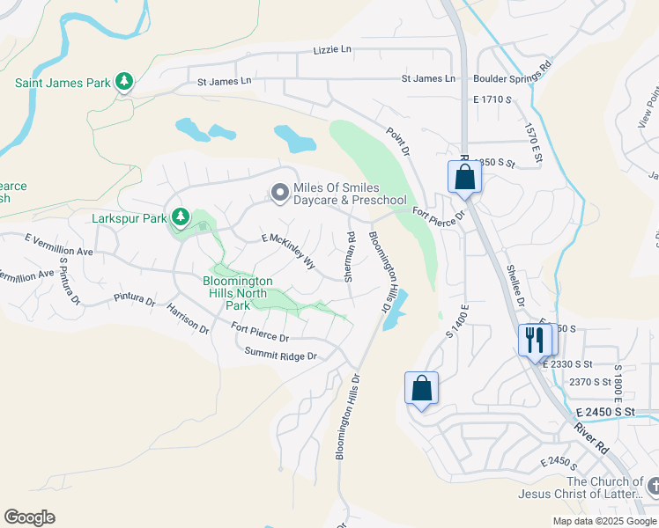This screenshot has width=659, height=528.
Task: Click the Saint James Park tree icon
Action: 124,83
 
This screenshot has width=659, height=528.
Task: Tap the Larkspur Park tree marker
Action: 180,216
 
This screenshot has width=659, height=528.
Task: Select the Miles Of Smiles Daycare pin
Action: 280,193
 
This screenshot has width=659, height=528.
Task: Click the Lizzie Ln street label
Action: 332,50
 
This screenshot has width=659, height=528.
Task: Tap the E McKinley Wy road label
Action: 288,251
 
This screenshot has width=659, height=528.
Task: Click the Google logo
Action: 29,517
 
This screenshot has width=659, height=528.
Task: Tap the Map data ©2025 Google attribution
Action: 603,521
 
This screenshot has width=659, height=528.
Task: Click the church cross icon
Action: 653,485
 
